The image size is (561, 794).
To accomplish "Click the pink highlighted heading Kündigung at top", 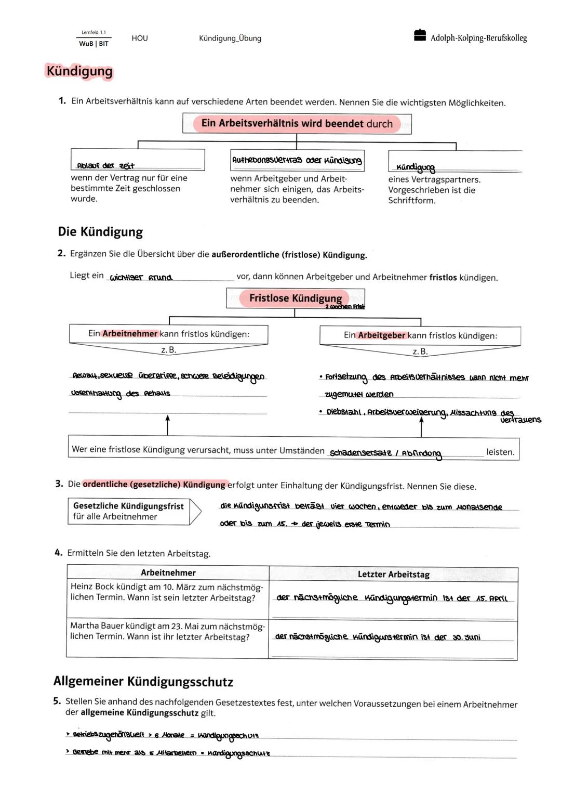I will [x=79, y=71].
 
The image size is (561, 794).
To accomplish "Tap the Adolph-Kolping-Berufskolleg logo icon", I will [x=420, y=35].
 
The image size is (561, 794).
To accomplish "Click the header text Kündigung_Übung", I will [x=230, y=38].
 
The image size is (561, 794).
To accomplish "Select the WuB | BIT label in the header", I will [x=94, y=44].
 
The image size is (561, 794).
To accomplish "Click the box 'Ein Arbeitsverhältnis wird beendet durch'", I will [x=297, y=124].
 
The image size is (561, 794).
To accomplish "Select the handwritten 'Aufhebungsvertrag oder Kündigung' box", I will [x=297, y=160].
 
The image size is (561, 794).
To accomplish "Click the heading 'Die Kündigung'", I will [x=100, y=231].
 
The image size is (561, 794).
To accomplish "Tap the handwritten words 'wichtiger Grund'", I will [x=141, y=277].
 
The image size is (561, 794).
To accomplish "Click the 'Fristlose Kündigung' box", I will [x=295, y=298].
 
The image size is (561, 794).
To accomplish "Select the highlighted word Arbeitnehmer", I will [x=130, y=334].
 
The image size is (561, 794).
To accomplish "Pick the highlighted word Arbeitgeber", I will [x=381, y=335].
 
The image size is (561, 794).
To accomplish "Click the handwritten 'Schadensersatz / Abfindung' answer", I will [x=385, y=453].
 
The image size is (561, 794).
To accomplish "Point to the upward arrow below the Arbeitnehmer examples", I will [x=167, y=424].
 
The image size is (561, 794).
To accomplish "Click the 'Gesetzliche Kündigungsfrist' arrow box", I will [x=133, y=511].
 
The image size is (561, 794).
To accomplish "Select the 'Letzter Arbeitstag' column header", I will [x=393, y=574].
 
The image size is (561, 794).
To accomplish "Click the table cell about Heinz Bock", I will [x=167, y=592].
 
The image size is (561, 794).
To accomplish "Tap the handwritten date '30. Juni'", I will [x=466, y=637].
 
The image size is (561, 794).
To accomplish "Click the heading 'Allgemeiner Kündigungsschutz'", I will [x=143, y=681].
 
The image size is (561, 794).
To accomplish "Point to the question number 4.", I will [x=59, y=553].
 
